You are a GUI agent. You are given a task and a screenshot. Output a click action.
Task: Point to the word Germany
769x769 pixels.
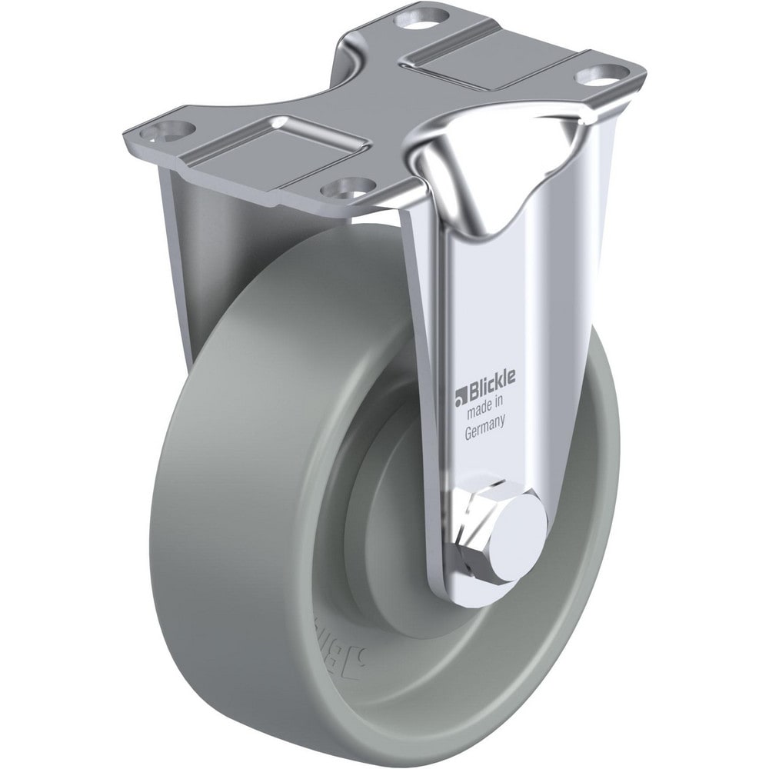[484, 433]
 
